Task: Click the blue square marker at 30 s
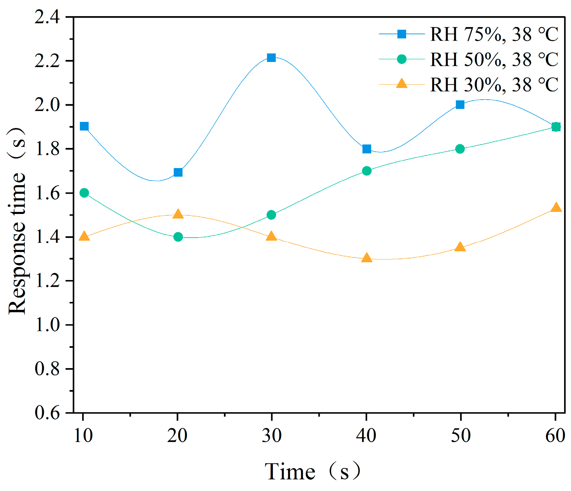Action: pyautogui.click(x=271, y=58)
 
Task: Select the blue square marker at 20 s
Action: pyautogui.click(x=178, y=172)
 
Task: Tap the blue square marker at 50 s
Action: pyautogui.click(x=460, y=104)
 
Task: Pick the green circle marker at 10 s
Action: pyautogui.click(x=84, y=193)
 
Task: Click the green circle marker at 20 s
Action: pyautogui.click(x=178, y=237)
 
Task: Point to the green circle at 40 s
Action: pyautogui.click(x=367, y=171)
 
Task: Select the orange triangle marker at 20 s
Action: pyautogui.click(x=178, y=214)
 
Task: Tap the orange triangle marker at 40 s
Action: pyautogui.click(x=367, y=258)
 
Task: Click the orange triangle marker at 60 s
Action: pyautogui.click(x=556, y=207)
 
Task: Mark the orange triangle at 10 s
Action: pyautogui.click(x=84, y=237)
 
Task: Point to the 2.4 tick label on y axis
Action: pyautogui.click(x=47, y=17)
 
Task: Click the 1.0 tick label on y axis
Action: pyautogui.click(x=47, y=325)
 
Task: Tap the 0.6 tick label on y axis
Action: pyautogui.click(x=47, y=413)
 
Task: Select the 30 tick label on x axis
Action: pyautogui.click(x=271, y=436)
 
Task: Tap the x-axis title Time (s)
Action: pyautogui.click(x=313, y=471)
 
